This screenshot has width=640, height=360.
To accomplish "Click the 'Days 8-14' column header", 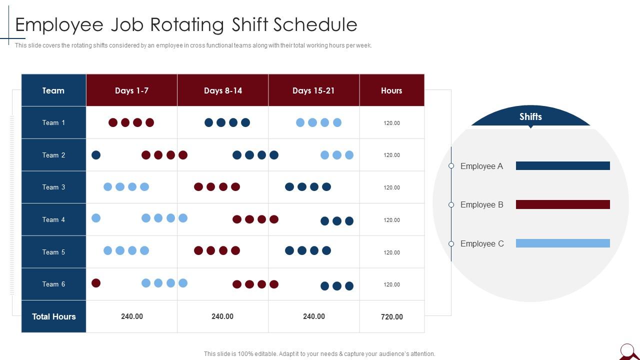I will click(x=223, y=90).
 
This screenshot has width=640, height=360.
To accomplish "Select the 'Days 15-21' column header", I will click(x=313, y=90).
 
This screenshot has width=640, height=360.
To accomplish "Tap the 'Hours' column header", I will click(x=391, y=90).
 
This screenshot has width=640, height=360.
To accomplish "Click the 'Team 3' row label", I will click(x=53, y=187).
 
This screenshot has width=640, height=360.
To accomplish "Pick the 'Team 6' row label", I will click(x=53, y=284).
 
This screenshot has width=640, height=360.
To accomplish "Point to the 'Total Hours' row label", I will click(x=54, y=316).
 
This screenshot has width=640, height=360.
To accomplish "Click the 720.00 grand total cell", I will click(x=392, y=316).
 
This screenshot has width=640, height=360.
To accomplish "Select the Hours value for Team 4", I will click(x=392, y=220).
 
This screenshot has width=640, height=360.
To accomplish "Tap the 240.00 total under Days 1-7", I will click(x=132, y=316).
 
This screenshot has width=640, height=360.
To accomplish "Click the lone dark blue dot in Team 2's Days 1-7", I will click(x=96, y=155).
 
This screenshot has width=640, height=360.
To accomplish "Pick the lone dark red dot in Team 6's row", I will click(x=96, y=283).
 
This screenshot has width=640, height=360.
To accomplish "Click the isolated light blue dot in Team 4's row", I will click(x=96, y=218).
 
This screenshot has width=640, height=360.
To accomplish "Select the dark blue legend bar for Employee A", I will click(x=562, y=166).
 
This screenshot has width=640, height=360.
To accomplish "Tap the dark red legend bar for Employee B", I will click(x=562, y=204).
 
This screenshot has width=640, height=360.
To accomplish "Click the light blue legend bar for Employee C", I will click(x=562, y=243).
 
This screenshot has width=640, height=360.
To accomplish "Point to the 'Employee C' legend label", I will click(x=482, y=243).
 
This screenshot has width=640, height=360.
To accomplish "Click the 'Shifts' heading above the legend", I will click(x=530, y=116).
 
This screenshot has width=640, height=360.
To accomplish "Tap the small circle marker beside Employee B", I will click(x=451, y=204).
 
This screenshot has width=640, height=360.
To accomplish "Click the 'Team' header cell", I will click(x=53, y=90).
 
